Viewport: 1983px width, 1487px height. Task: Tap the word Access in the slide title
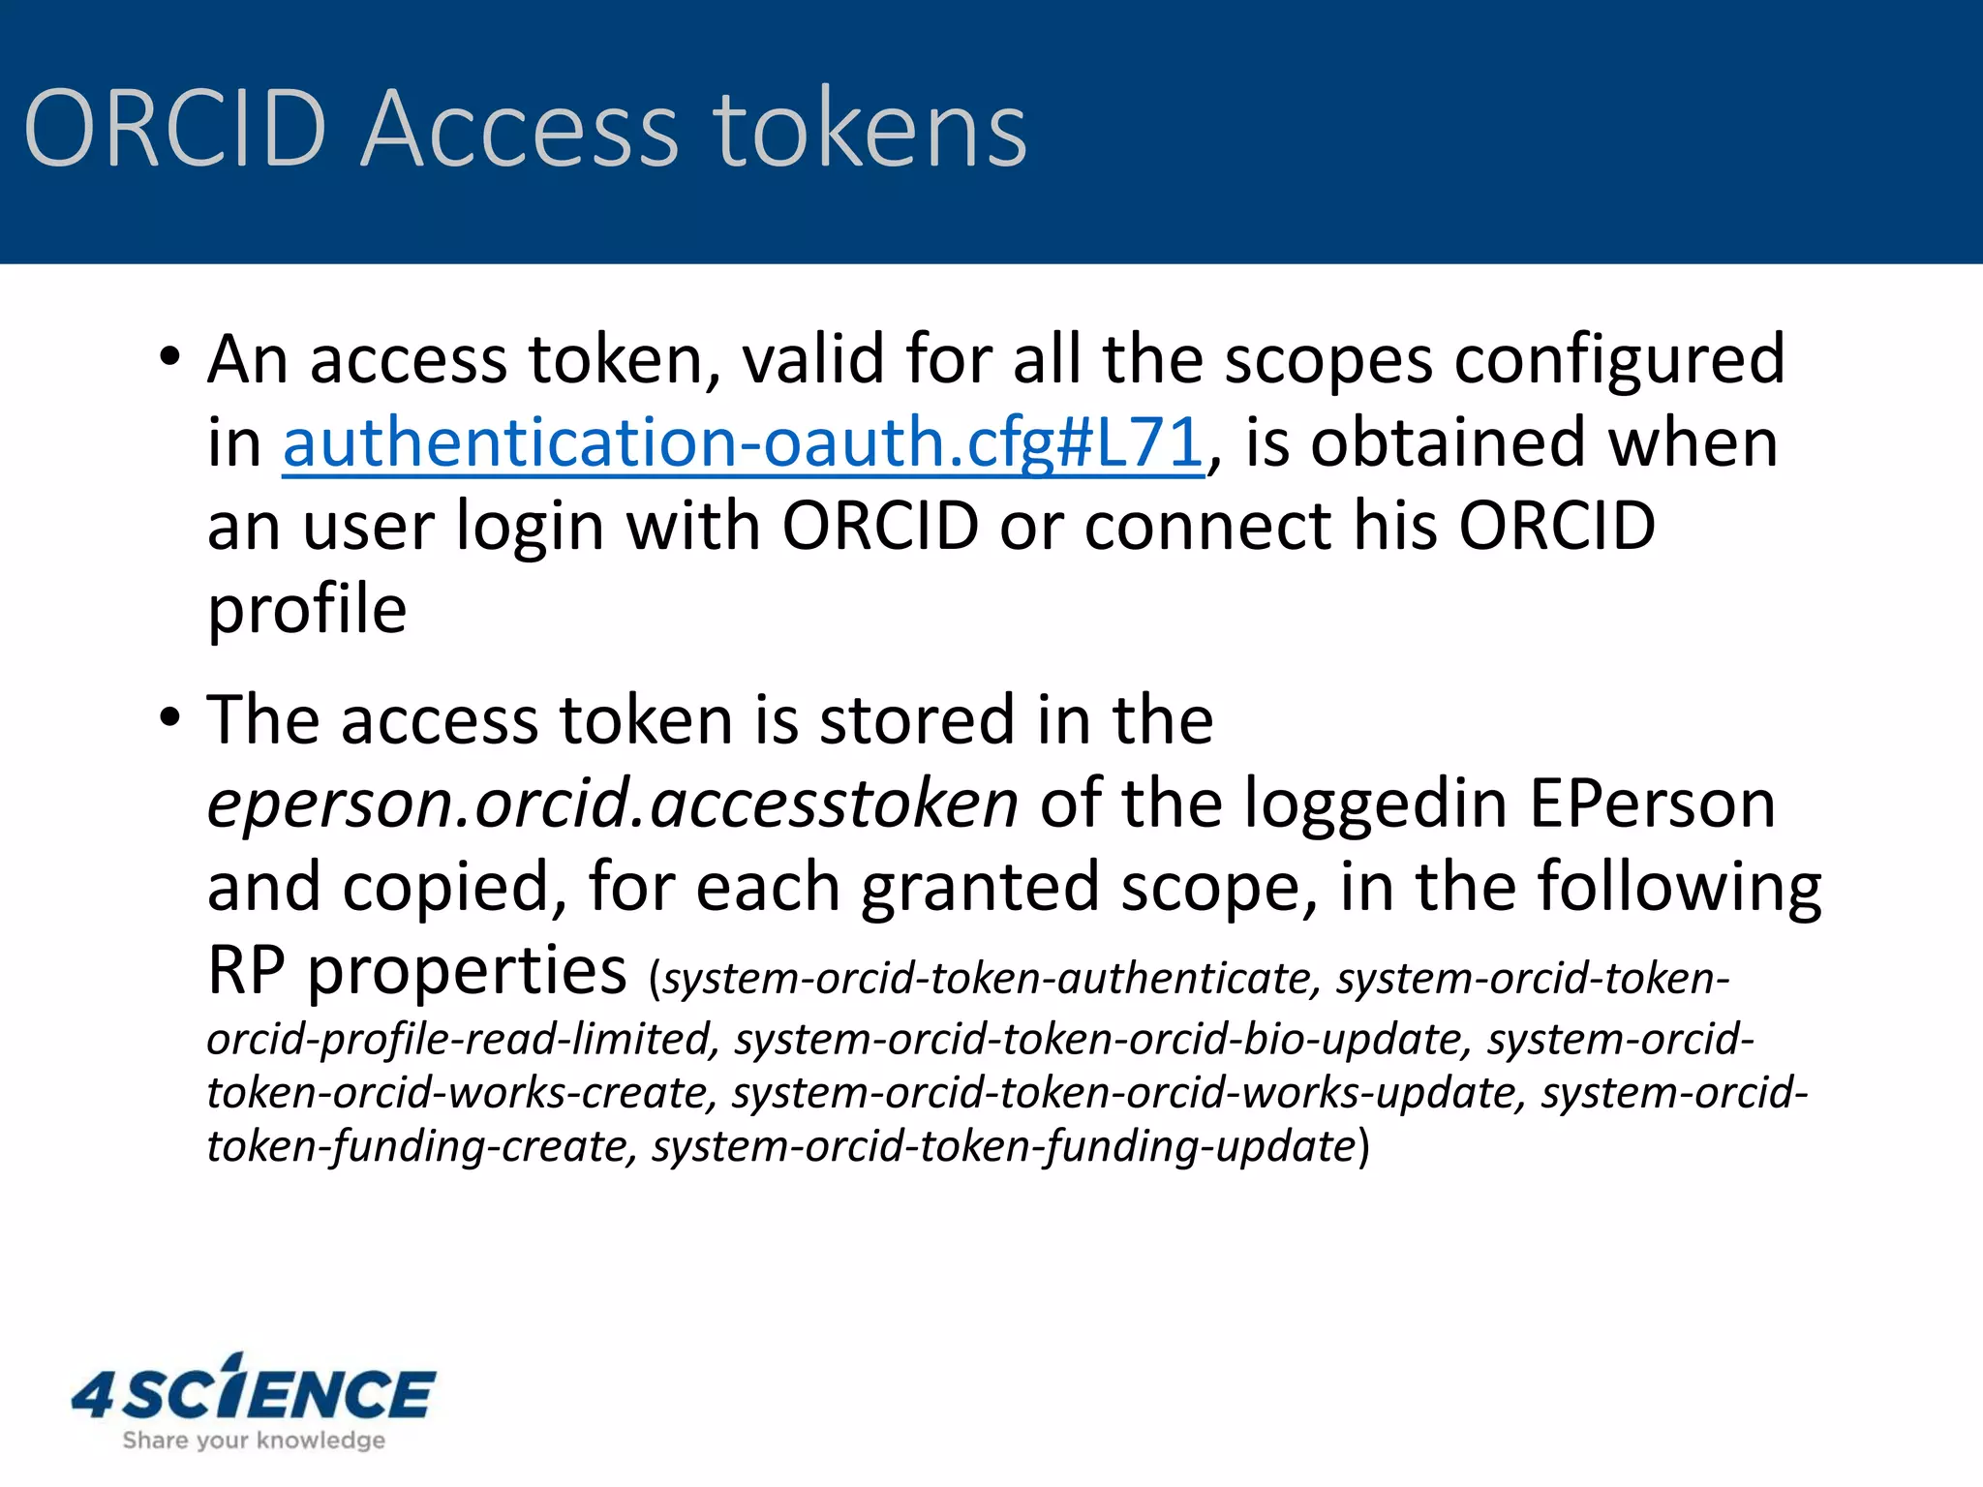520,129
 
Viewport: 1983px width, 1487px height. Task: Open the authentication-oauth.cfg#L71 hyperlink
743,443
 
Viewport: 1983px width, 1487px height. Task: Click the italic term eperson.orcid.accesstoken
612,804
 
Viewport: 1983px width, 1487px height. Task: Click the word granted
979,887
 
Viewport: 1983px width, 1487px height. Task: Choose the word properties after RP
467,970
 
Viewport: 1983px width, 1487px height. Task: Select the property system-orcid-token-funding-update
1003,1146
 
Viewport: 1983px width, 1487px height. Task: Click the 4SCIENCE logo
254,1391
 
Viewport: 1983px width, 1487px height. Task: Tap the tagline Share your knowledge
254,1441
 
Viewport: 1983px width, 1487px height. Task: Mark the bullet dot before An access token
170,357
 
